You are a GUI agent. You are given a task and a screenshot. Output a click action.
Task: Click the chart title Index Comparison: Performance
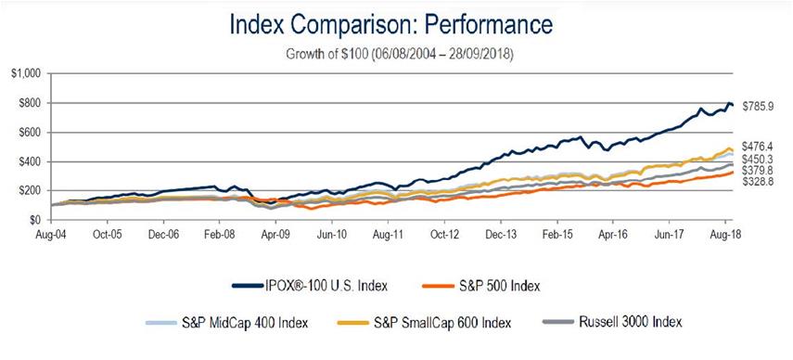397,22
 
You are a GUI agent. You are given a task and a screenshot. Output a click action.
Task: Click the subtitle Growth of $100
397,53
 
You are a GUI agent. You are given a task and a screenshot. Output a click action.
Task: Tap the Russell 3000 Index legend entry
631,322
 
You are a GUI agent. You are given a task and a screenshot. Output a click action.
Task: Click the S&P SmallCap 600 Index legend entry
436,322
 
